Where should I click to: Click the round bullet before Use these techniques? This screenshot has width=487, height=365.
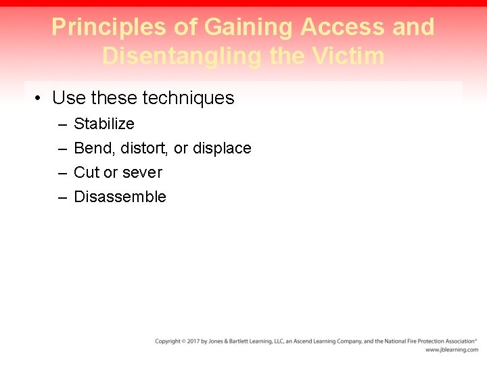(40, 99)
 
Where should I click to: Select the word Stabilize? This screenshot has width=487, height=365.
(103, 124)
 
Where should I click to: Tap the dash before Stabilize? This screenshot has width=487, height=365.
(62, 124)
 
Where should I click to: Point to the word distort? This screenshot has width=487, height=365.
(144, 148)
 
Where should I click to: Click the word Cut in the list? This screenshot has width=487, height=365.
(86, 172)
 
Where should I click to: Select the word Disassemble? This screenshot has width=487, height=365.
(120, 197)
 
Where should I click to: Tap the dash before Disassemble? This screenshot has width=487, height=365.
(62, 197)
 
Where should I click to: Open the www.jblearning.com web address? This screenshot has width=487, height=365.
(451, 350)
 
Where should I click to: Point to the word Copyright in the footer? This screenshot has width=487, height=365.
(168, 341)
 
